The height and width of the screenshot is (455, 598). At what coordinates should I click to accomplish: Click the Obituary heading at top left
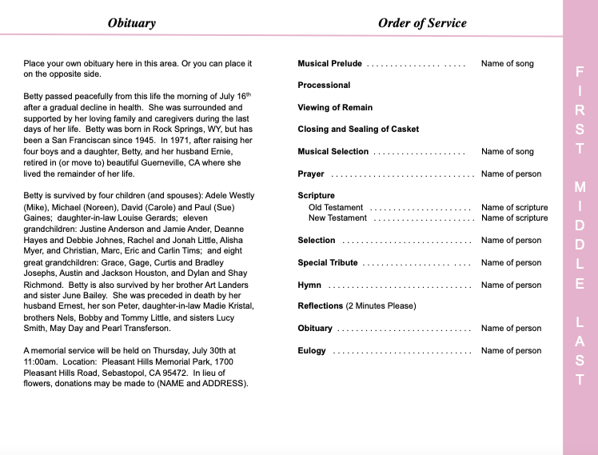tap(131, 23)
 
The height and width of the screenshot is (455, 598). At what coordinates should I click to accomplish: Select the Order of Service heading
tap(421, 23)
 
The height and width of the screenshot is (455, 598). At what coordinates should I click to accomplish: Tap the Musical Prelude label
tap(329, 64)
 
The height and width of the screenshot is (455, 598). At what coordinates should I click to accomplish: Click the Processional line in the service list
tap(324, 86)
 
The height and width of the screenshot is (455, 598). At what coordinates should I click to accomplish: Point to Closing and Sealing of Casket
tap(357, 130)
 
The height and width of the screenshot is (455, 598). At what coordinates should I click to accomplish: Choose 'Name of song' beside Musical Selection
tap(507, 152)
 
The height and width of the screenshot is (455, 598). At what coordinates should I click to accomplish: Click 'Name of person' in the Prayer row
tap(511, 174)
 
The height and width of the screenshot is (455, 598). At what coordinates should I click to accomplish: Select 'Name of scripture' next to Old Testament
tap(514, 208)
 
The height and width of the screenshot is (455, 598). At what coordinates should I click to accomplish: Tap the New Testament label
tap(337, 218)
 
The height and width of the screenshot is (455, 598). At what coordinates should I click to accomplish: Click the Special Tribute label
tap(328, 263)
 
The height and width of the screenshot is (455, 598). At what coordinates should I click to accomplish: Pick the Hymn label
tap(309, 285)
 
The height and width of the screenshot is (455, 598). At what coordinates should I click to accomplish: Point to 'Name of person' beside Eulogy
tap(511, 351)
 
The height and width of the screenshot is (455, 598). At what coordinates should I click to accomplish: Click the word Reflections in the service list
tap(320, 306)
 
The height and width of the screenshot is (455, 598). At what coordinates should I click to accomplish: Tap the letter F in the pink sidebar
tap(580, 72)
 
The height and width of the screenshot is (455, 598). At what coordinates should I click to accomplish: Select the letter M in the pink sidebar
tap(580, 187)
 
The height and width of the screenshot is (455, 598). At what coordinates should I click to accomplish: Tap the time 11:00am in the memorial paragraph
tap(42, 361)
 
